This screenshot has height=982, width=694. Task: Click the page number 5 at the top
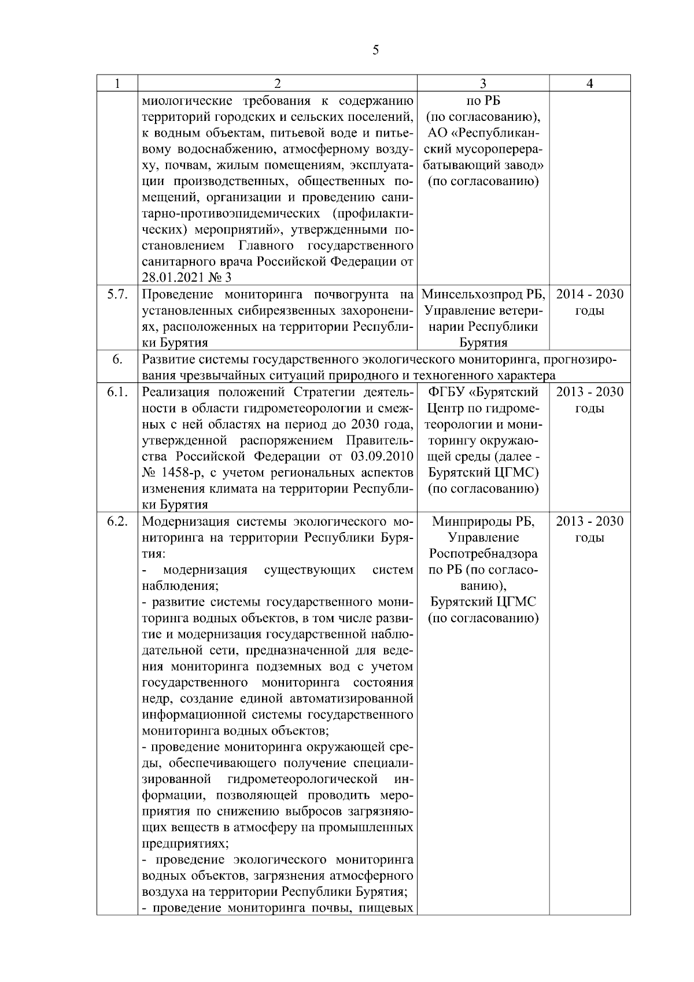[376, 50]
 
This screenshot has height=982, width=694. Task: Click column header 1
[117, 83]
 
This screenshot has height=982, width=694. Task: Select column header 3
[483, 83]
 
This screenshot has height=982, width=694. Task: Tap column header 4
[589, 83]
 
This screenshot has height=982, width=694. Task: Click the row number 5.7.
[117, 294]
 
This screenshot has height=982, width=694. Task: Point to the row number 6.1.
[117, 392]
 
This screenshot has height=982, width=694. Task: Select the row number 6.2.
[117, 522]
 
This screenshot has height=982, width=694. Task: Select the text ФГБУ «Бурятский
[483, 392]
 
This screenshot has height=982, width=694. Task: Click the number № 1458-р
[172, 473]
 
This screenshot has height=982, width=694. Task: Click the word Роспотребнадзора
[483, 554]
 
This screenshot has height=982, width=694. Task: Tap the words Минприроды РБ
[483, 522]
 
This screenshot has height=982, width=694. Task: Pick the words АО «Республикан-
[483, 133]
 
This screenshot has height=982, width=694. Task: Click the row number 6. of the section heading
[117, 360]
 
